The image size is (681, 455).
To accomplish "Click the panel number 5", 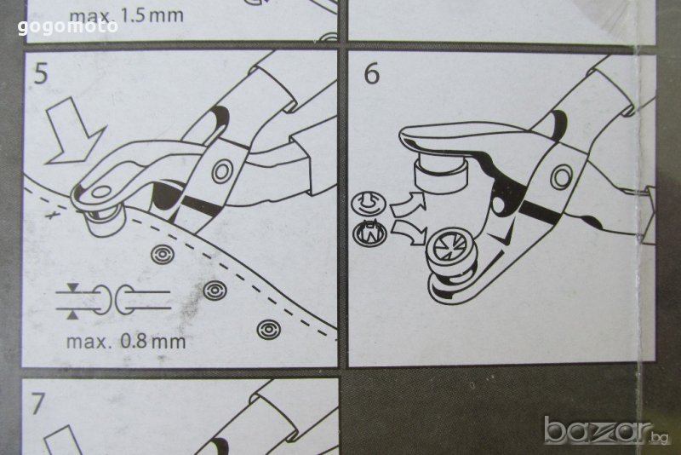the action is click(40, 74).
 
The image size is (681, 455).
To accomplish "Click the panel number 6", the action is click(371, 73).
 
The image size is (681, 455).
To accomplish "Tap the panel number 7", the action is click(37, 403).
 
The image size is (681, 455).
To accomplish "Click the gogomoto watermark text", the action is click(68, 27).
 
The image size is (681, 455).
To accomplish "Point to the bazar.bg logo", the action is click(607, 430).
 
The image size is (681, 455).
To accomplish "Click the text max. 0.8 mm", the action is click(126, 342).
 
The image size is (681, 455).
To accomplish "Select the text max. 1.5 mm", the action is click(126, 15).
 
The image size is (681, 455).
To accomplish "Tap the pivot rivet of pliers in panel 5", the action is click(222, 170).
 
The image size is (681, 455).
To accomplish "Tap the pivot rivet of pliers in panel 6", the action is click(561, 177).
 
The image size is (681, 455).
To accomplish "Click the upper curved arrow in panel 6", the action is click(408, 204).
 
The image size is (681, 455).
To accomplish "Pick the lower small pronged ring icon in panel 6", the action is click(369, 232).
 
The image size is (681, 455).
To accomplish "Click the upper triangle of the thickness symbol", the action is click(72, 287).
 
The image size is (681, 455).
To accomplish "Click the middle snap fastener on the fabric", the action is click(215, 291).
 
